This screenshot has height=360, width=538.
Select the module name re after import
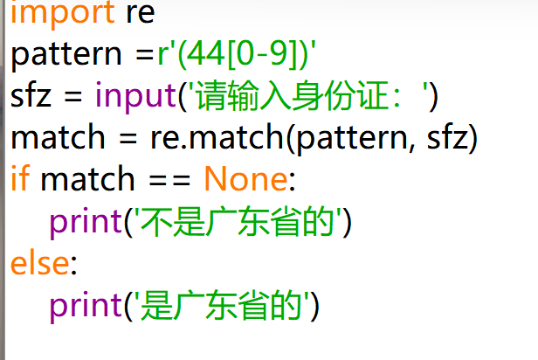pos(142,14)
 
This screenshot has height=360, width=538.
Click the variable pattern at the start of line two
pos(68,56)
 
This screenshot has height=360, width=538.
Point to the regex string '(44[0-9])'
pos(238,55)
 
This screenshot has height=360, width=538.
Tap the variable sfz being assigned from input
pos(31,96)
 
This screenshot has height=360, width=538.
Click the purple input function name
pos(135,96)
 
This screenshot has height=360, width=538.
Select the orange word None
pos(245,180)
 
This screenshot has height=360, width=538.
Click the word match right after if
pos(87,180)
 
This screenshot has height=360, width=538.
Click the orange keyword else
pos(38,263)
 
